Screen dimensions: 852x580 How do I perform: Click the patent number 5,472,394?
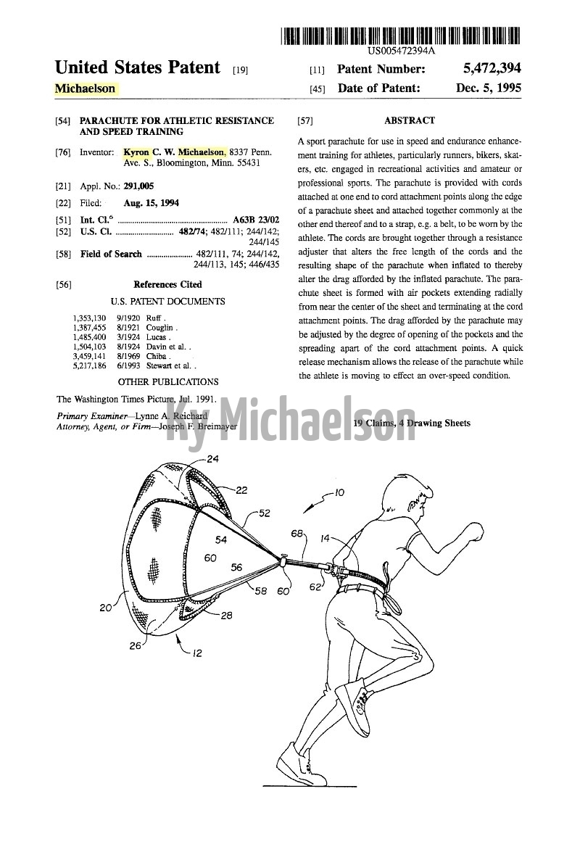pos(492,70)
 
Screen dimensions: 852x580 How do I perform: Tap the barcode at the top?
pos(401,35)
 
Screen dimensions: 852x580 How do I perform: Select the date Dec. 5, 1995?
pos(489,88)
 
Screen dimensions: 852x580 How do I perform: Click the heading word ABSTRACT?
pos(410,120)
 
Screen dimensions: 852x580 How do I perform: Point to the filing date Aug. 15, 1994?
pos(152,203)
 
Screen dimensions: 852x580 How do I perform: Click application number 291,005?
pos(138,186)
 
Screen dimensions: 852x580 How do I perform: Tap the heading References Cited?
pos(167,284)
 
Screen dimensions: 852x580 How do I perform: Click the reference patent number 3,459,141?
pos(89,357)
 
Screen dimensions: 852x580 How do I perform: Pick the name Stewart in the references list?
pos(160,366)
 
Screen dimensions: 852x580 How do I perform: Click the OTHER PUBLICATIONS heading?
pos(167,381)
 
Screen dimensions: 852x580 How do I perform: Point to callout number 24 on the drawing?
pos(212,459)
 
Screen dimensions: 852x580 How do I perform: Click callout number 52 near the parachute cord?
pos(264,513)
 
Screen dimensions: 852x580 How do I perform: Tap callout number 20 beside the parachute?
pos(106,608)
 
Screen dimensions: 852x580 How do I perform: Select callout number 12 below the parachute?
pos(196,653)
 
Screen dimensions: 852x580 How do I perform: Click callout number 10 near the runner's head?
pos(340,493)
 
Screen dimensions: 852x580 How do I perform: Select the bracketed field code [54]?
pos(62,120)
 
